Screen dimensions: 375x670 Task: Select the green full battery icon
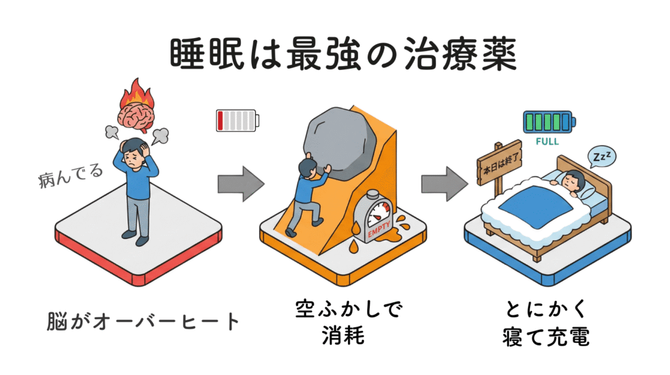click(x=548, y=121)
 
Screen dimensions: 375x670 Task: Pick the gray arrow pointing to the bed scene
click(x=439, y=183)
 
